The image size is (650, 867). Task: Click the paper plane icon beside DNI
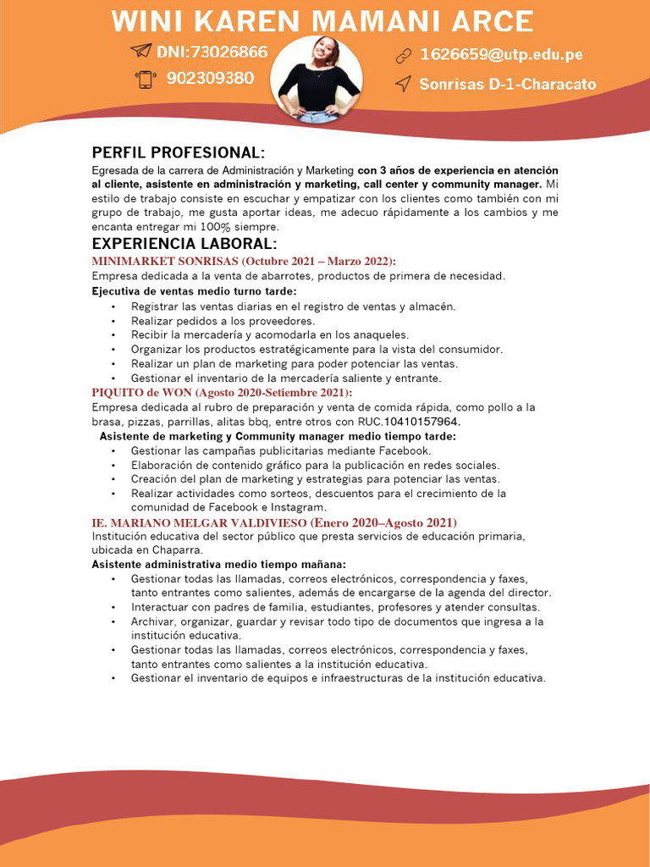[x=140, y=52]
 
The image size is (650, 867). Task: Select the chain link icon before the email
[x=403, y=57]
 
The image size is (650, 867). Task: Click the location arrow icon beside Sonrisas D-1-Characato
[x=404, y=84]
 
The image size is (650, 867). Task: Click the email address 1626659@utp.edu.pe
[x=501, y=56]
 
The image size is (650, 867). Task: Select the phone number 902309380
[x=210, y=79]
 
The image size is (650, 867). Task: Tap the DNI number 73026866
[x=229, y=52]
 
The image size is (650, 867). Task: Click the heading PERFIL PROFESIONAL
[x=178, y=152]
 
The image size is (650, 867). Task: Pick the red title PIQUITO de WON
[x=142, y=393]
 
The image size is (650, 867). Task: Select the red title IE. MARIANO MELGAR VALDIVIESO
[x=200, y=522]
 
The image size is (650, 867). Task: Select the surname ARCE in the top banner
[x=493, y=21]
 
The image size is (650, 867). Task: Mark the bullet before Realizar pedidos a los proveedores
[x=113, y=322]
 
